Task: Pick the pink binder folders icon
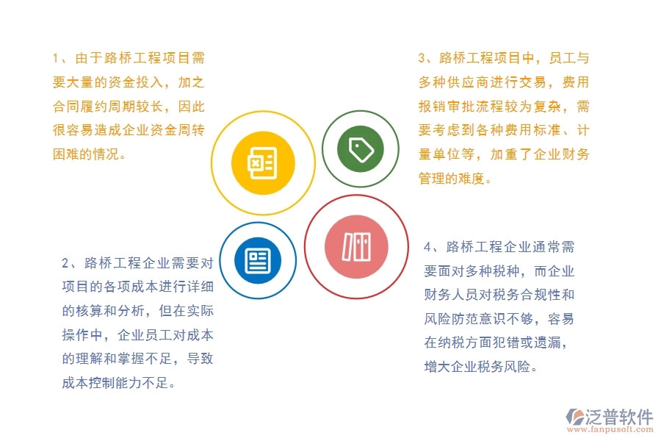[x=356, y=246]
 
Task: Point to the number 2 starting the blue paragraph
[x=65, y=262]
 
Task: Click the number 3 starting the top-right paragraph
[x=422, y=57]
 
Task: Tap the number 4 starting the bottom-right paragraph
[x=428, y=246]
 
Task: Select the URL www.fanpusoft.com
[x=610, y=431]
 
